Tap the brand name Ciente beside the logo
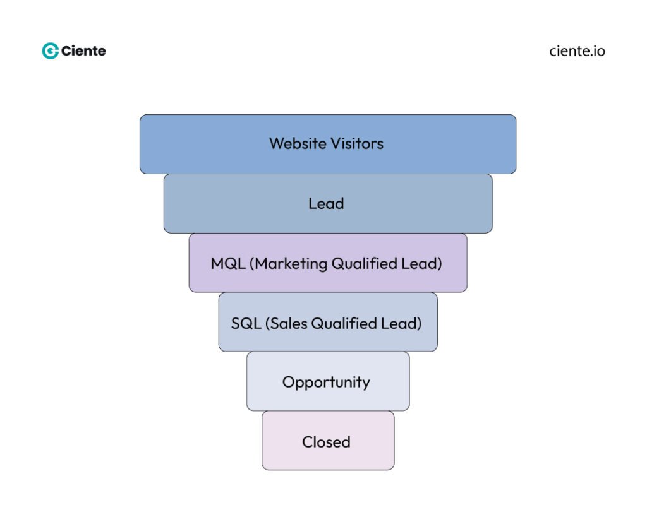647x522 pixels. (x=84, y=51)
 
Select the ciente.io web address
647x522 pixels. (x=577, y=51)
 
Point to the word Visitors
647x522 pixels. (x=356, y=144)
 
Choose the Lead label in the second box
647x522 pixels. (x=326, y=203)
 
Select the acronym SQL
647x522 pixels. (x=246, y=323)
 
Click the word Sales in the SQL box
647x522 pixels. (x=288, y=323)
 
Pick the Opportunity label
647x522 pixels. (x=326, y=383)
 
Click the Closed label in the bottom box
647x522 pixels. (x=326, y=442)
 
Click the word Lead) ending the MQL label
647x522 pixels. (x=423, y=263)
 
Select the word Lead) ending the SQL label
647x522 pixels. (x=402, y=323)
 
